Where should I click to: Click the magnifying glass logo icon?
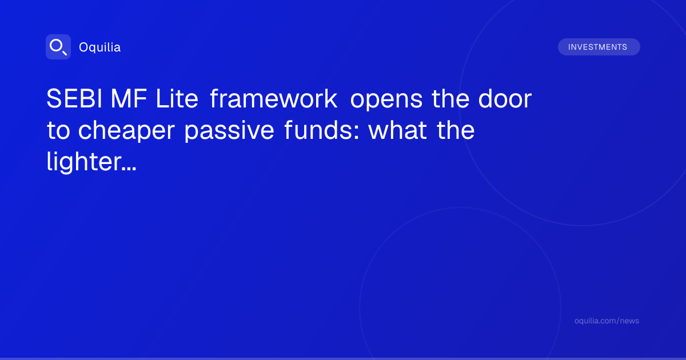click(x=58, y=47)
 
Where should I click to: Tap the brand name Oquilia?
click(x=100, y=47)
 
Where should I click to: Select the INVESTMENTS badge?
click(x=599, y=47)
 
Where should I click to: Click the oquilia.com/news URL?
click(x=607, y=321)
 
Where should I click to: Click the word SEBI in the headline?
click(x=74, y=98)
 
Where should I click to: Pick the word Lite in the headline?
click(x=177, y=98)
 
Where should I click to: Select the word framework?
click(x=274, y=98)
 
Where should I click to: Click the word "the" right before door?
click(x=450, y=98)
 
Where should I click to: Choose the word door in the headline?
click(x=505, y=98)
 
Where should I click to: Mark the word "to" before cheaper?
click(x=58, y=130)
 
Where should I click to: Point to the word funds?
click(x=318, y=130)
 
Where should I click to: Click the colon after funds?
click(x=356, y=132)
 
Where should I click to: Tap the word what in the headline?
click(x=397, y=130)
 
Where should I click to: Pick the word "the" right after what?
click(x=456, y=130)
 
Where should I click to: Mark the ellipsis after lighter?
click(x=129, y=169)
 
